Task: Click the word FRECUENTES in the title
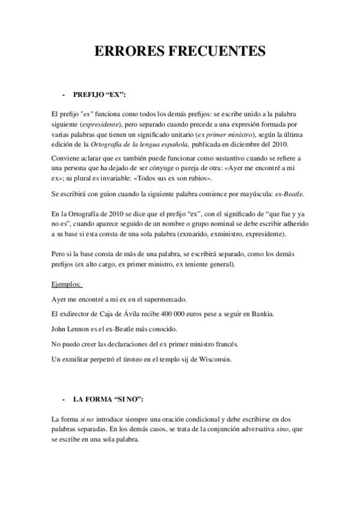(220, 52)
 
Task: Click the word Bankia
(264, 315)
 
